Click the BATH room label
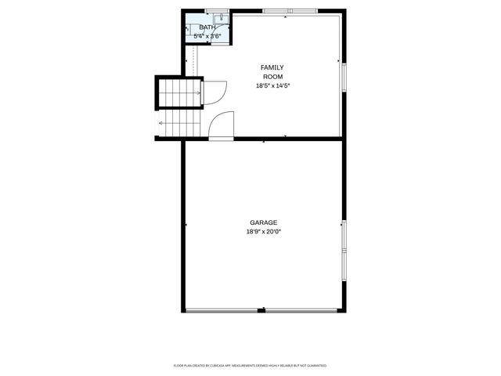tap(207, 27)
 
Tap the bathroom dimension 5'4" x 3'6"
tap(207, 36)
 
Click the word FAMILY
tap(272, 67)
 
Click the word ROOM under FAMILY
tap(272, 76)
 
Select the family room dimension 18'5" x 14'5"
tap(272, 85)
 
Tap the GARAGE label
tap(264, 222)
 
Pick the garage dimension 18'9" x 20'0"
tap(264, 232)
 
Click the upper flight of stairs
tap(180, 92)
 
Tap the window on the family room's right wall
tap(343, 78)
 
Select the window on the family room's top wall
tap(290, 11)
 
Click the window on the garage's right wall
tap(343, 247)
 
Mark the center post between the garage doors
tap(262, 311)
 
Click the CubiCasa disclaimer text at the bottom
tap(250, 365)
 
